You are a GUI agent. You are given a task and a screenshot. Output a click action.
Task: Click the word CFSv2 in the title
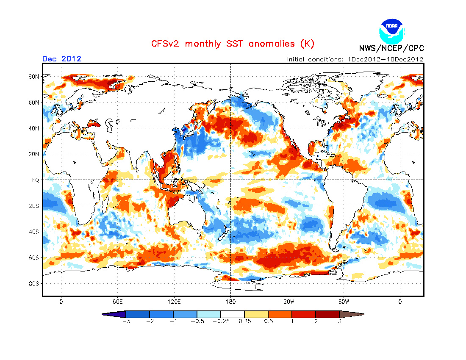[166, 44]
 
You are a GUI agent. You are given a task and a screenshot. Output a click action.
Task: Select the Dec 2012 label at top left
[62, 59]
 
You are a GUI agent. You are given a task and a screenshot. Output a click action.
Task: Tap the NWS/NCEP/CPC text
[391, 48]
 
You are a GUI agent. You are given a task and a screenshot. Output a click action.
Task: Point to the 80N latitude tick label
[34, 77]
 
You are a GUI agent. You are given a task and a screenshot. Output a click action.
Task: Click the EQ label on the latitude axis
[36, 180]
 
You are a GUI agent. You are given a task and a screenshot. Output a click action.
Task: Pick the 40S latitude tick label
[34, 232]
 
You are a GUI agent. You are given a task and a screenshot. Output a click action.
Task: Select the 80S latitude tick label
[34, 283]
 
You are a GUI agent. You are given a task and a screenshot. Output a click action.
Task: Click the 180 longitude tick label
[230, 302]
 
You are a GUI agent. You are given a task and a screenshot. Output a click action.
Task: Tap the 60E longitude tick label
[117, 302]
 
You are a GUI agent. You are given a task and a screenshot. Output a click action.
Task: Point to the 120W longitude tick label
[287, 302]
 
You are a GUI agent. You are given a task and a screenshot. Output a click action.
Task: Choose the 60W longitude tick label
[344, 302]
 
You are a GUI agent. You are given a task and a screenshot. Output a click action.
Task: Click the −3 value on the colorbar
[125, 321]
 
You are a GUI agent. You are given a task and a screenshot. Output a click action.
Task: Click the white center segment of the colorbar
[233, 314]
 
